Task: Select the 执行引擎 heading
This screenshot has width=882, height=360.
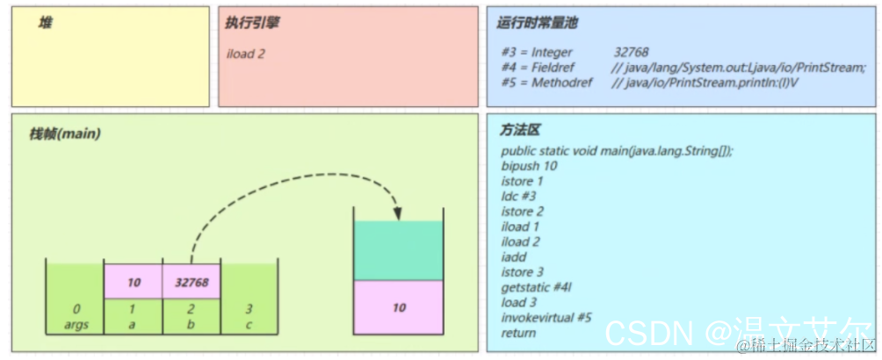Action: (254, 24)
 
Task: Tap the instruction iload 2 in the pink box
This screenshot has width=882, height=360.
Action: (246, 54)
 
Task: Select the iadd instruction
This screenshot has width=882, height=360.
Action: (514, 257)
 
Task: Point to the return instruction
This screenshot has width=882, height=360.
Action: (518, 333)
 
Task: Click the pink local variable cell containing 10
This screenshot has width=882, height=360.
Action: (134, 281)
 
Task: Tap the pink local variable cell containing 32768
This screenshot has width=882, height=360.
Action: (191, 281)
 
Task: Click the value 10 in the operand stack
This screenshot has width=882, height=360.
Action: (399, 307)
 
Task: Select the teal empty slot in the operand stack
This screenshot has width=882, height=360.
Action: (399, 250)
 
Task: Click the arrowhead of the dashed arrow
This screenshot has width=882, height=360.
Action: (398, 214)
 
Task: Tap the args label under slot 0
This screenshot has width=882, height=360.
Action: (76, 324)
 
